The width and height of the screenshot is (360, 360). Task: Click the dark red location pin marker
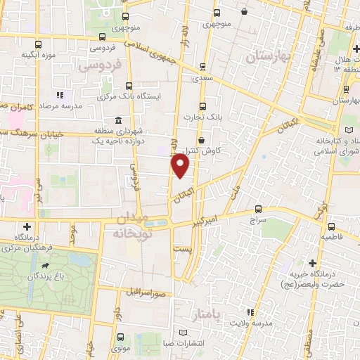click(181, 166)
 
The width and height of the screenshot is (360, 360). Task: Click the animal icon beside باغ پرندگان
click(46, 267)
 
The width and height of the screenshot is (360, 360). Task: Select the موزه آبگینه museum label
click(39, 54)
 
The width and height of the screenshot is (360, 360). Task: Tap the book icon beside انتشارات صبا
click(184, 332)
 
